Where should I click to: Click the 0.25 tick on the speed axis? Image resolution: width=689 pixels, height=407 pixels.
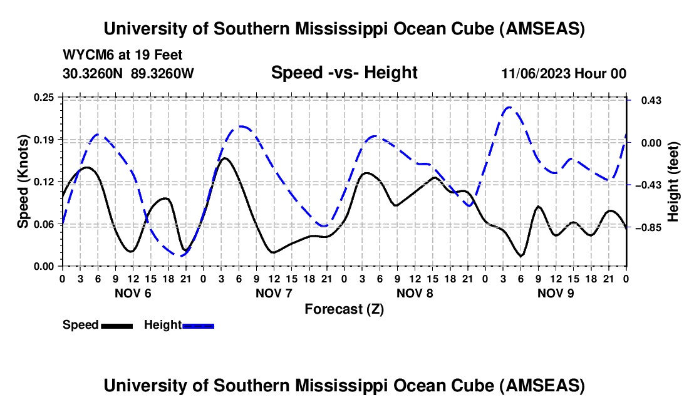click(48, 97)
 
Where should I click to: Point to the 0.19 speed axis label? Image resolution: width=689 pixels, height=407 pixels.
click(48, 139)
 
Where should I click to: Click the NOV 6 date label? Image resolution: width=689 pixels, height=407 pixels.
click(132, 293)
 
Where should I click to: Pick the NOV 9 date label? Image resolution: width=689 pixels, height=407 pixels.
click(556, 293)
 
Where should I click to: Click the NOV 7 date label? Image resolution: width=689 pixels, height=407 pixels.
click(274, 293)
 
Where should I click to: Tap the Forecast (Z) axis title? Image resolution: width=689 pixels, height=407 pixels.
click(344, 309)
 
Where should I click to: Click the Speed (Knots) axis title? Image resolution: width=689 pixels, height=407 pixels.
click(23, 182)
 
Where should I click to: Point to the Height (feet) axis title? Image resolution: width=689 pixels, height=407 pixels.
click(673, 182)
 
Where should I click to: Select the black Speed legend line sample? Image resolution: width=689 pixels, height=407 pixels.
click(117, 326)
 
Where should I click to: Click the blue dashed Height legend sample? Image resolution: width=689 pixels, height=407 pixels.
click(198, 326)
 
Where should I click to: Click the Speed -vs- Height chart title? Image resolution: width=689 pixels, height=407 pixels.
click(344, 73)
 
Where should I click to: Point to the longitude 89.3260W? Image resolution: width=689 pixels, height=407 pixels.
click(162, 73)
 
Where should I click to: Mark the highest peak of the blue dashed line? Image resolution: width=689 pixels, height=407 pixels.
click(509, 107)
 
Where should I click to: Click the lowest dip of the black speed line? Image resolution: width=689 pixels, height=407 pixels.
click(521, 255)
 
